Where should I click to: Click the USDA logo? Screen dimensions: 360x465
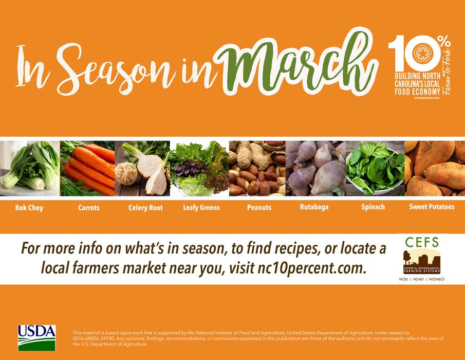[36, 337]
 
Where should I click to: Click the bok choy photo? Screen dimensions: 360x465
[29, 168]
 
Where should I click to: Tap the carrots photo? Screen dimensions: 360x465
[87, 168]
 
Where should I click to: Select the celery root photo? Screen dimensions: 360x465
[142, 168]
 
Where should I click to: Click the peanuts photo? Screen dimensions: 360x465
[257, 168]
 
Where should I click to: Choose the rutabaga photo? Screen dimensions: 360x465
[315, 168]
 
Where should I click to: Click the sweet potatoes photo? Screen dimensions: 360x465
[435, 168]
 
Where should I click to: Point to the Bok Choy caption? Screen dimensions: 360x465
[29, 208]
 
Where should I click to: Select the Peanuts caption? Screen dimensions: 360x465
[259, 208]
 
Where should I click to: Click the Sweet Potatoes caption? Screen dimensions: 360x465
[432, 207]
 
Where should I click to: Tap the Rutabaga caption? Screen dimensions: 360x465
[314, 207]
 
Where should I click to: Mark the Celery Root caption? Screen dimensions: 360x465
[145, 208]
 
